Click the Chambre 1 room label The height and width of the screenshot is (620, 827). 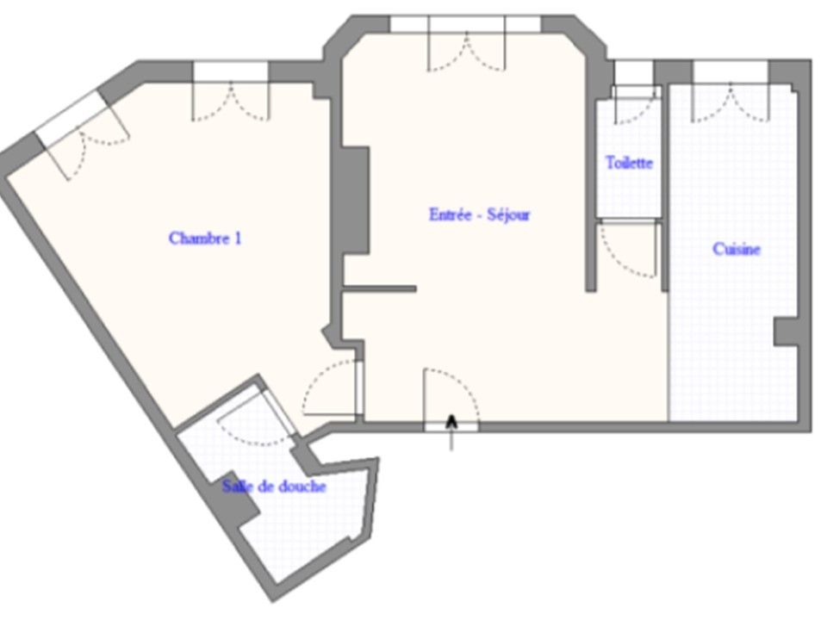pos(205,239)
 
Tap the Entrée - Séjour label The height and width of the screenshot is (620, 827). pos(480,214)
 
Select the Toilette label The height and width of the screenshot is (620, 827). pos(629,163)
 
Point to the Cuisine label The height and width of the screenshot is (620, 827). pos(737,249)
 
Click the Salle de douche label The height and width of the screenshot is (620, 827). pos(274,486)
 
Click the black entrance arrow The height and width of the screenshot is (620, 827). pos(451,432)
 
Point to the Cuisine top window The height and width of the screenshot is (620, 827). pos(731,72)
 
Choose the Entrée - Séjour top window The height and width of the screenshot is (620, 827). pos(466,25)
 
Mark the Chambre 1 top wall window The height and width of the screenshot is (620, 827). pos(231,72)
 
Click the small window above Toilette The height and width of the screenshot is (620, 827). pos(634,72)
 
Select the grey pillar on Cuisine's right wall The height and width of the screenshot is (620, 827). pos(786,332)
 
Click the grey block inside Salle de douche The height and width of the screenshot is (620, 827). pos(238,499)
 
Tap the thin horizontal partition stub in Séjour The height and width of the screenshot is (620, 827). pos(380,289)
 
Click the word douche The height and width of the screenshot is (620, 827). pos(302,486)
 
